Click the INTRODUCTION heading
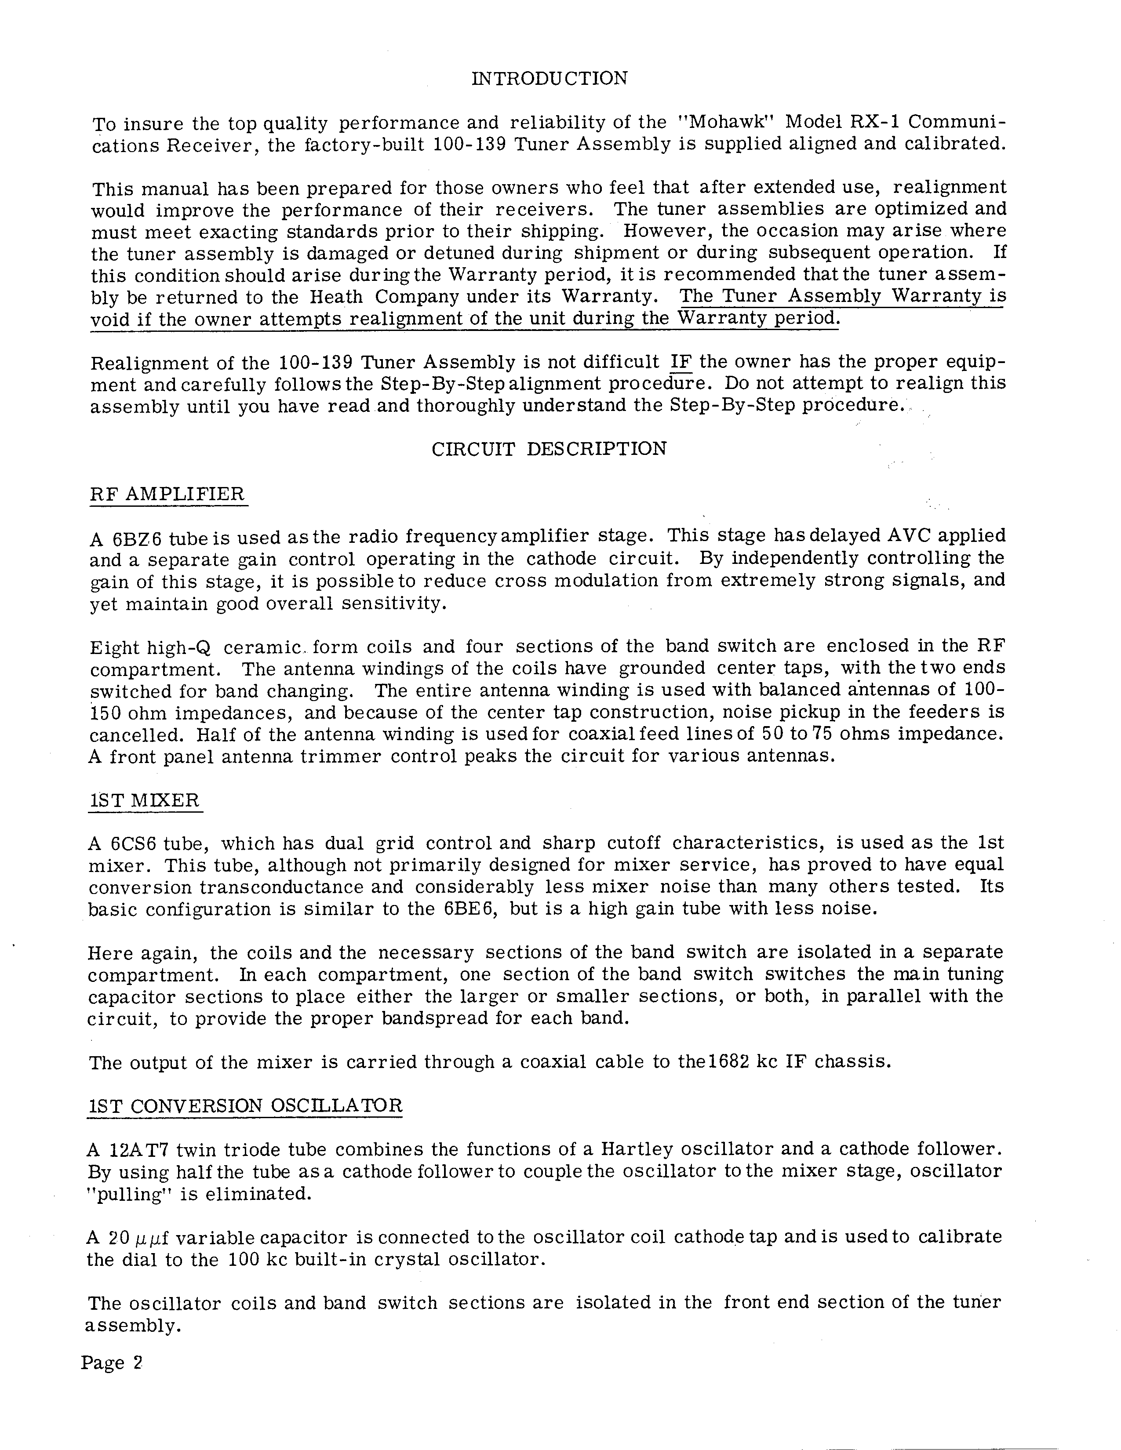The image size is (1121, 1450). click(x=549, y=78)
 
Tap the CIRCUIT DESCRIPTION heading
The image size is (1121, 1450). click(x=549, y=450)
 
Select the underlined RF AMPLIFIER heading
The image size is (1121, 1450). click(x=167, y=494)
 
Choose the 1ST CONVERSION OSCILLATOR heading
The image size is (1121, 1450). click(x=244, y=1106)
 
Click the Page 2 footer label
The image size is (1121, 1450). click(x=112, y=1363)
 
